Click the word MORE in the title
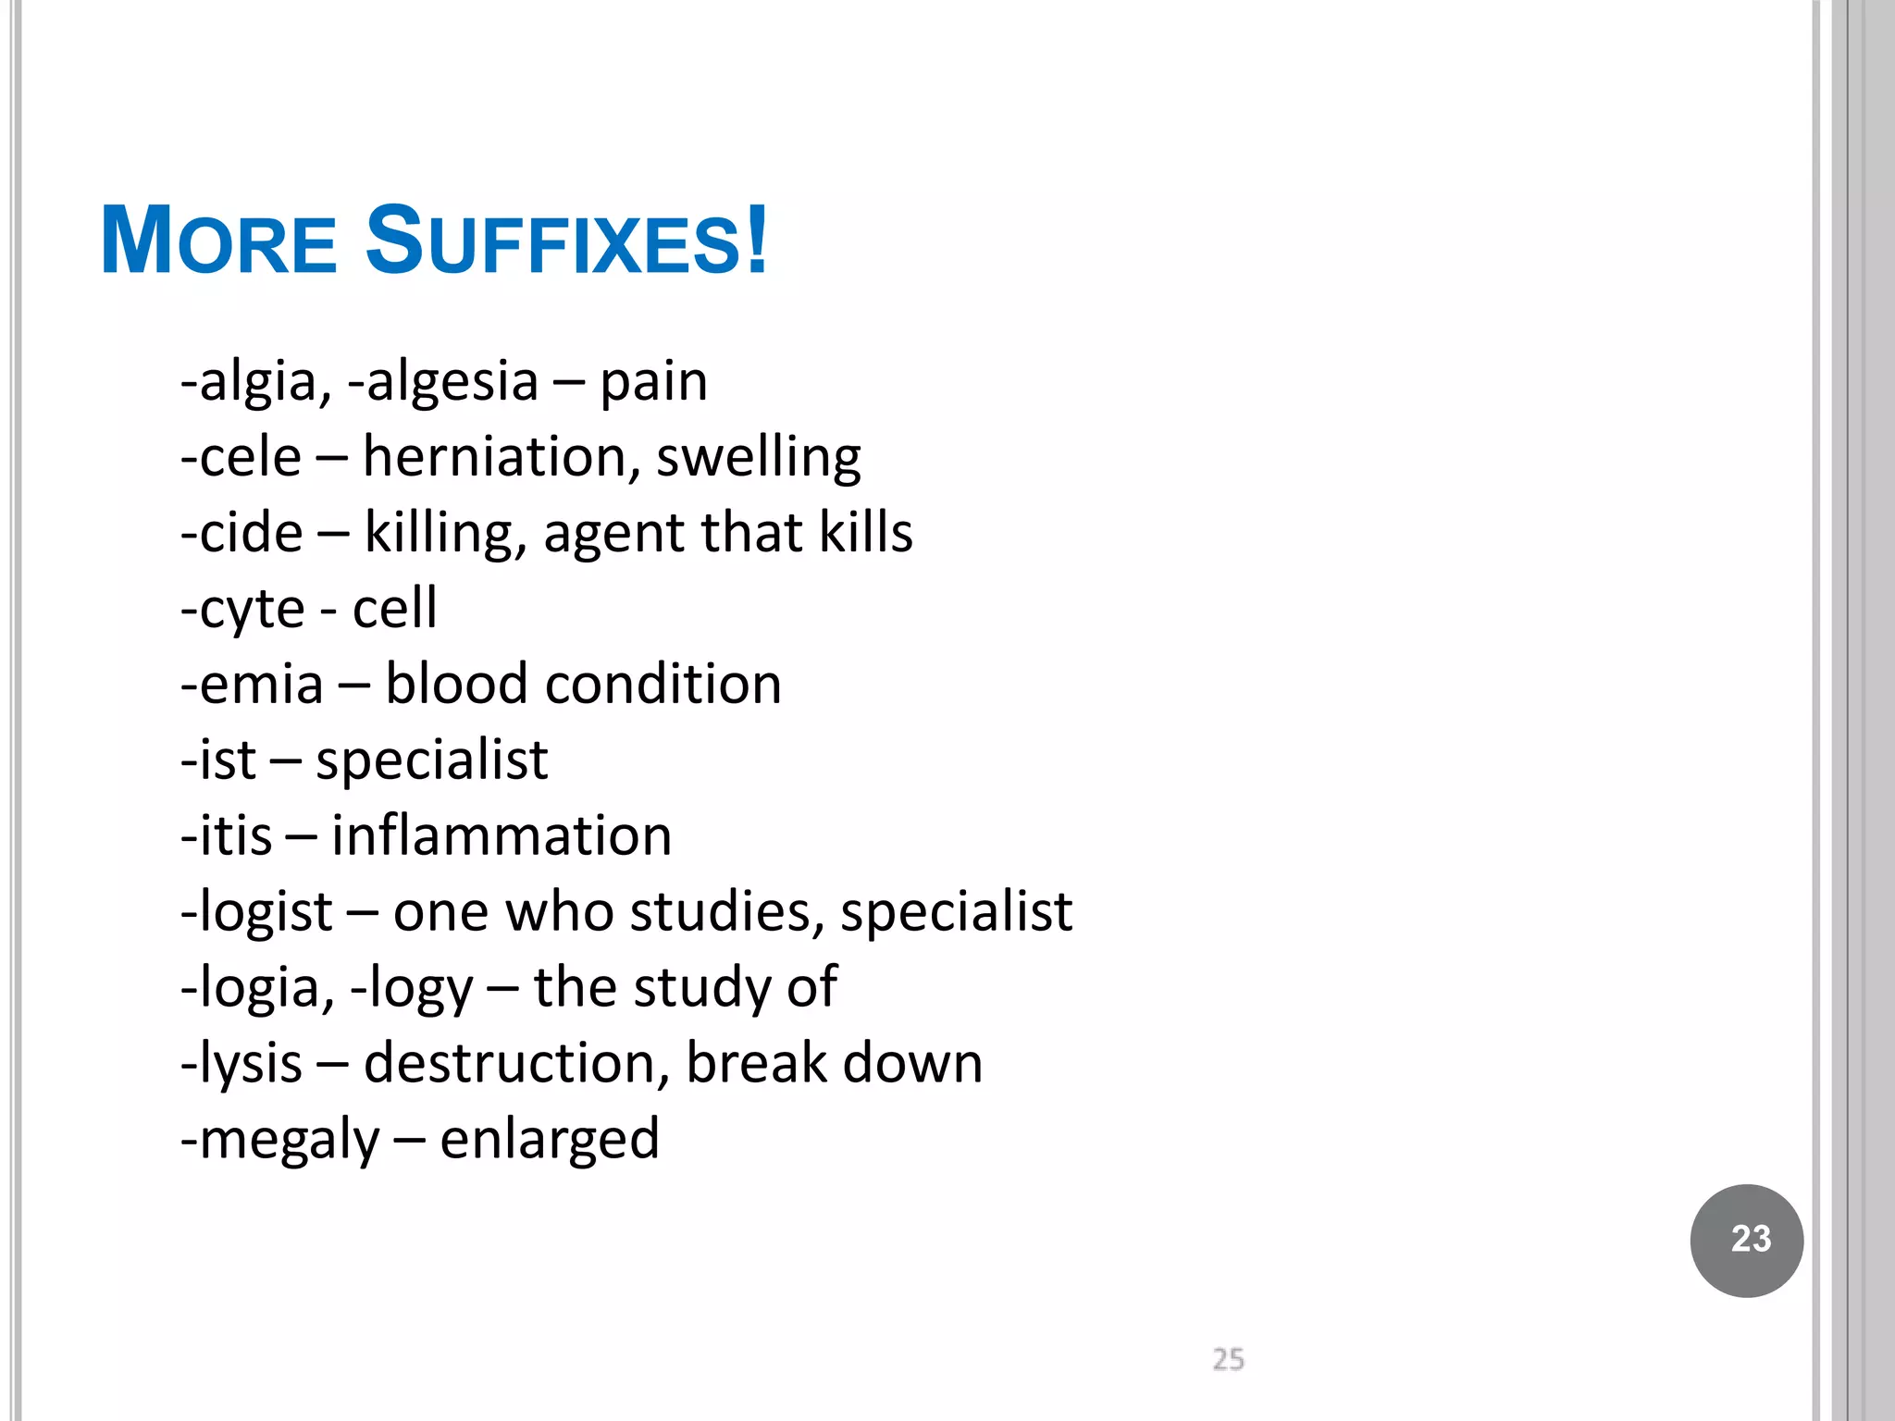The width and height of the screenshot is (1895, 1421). pyautogui.click(x=218, y=242)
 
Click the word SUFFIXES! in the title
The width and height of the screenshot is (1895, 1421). pyautogui.click(x=566, y=242)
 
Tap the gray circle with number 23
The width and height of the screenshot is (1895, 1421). pyautogui.click(x=1746, y=1240)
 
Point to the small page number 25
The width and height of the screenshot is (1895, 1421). pyautogui.click(x=1228, y=1359)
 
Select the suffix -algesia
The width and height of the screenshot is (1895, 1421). pyautogui.click(x=443, y=382)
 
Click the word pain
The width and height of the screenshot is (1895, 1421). pyautogui.click(x=653, y=382)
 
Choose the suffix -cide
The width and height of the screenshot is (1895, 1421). pyautogui.click(x=242, y=533)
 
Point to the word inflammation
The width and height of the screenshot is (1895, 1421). pyautogui.click(x=502, y=836)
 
